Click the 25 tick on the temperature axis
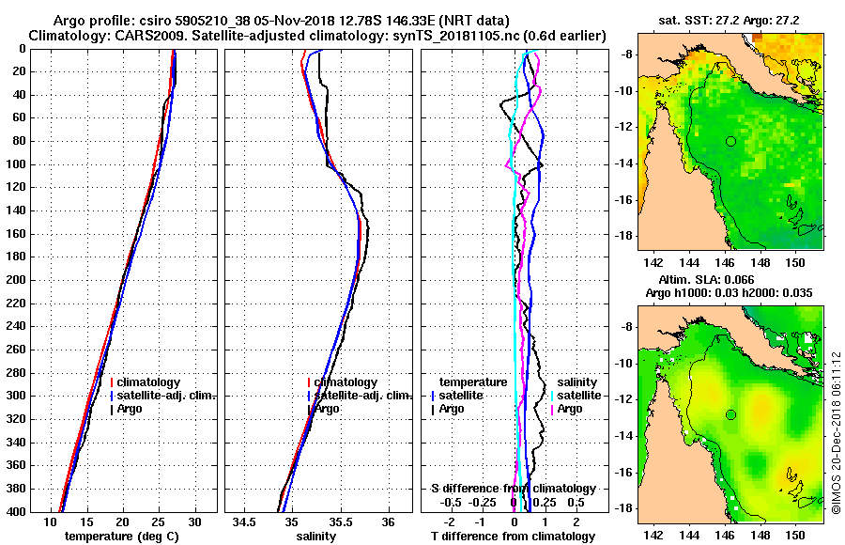(159, 522)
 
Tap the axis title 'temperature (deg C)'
(121, 536)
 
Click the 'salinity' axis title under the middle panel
(316, 536)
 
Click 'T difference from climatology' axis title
(513, 536)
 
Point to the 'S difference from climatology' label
(514, 489)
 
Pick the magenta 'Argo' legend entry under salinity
(570, 409)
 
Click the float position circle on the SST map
(730, 141)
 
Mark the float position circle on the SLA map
(730, 414)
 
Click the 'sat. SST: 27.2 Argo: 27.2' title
(728, 19)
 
